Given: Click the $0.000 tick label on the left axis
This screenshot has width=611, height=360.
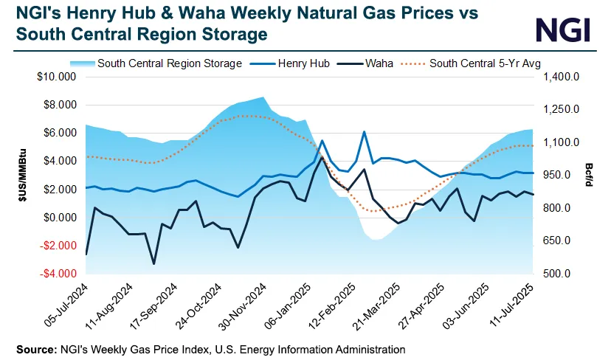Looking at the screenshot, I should [x=59, y=218].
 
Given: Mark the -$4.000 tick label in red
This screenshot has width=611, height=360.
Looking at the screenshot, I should [x=58, y=274].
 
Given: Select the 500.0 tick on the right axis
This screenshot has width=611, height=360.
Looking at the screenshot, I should [x=557, y=274].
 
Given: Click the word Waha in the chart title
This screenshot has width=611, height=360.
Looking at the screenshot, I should [x=195, y=13].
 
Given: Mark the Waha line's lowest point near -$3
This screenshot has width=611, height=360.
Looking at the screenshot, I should [x=153, y=263].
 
